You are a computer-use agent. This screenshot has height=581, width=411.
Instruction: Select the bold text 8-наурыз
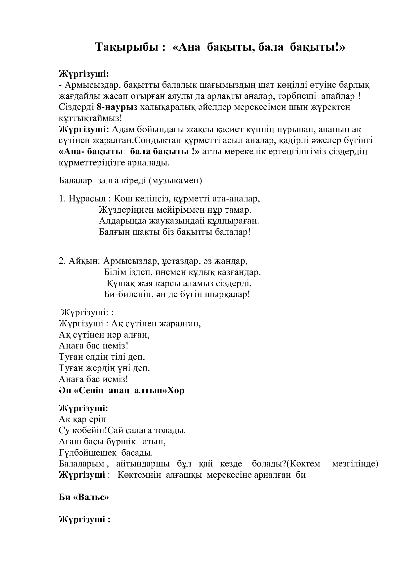pyautogui.click(x=117, y=107)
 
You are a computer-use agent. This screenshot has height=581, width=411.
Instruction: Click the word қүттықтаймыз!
pyautogui.click(x=90, y=118)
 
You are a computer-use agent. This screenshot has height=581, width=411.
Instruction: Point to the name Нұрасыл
pyautogui.click(x=87, y=199)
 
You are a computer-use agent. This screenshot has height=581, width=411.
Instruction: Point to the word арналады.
pyautogui.click(x=148, y=163)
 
